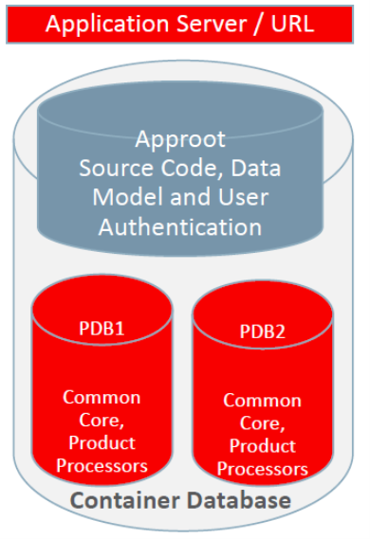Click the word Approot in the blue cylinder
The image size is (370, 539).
point(180,139)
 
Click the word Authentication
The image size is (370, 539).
point(180,226)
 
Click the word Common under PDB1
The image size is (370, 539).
point(102,396)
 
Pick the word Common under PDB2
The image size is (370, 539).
point(262,401)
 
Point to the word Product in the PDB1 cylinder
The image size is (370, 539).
point(102,442)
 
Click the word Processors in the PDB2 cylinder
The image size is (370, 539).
point(262,469)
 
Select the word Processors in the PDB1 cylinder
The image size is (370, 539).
point(102,465)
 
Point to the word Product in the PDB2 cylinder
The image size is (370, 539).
point(262,446)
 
